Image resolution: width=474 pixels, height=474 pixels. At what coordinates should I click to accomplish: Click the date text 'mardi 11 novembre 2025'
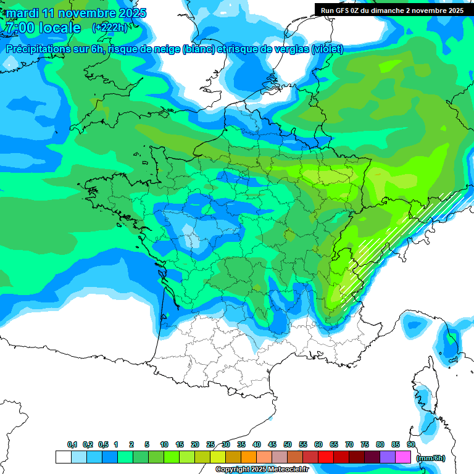(x=76, y=13)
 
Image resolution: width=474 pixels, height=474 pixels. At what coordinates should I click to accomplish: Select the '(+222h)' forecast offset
(x=110, y=28)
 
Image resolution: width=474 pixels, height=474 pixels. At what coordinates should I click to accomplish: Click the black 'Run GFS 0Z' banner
(x=392, y=10)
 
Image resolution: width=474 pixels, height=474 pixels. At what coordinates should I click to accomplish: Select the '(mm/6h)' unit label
(x=431, y=457)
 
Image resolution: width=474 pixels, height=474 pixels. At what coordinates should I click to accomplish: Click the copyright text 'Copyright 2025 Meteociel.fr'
(x=262, y=470)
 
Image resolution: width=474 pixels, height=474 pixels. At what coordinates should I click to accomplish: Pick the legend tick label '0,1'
(x=72, y=445)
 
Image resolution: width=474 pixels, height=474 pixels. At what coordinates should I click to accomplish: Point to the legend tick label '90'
(x=410, y=445)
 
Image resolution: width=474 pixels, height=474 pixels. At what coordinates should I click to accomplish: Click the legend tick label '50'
(x=288, y=445)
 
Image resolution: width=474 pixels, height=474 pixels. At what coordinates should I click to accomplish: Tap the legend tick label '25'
(x=210, y=445)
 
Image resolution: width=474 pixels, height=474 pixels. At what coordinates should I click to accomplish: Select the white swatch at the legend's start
(x=63, y=457)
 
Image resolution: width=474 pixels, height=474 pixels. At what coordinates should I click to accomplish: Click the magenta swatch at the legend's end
(x=403, y=457)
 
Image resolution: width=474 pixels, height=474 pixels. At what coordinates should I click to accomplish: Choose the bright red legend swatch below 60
(x=326, y=457)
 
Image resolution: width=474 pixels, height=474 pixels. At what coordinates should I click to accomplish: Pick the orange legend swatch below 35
(x=249, y=457)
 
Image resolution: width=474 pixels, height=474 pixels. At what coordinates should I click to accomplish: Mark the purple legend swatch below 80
(x=388, y=457)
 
